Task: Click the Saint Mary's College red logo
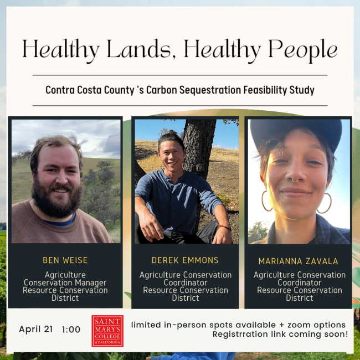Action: [107, 331]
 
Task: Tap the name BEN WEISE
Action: [65, 260]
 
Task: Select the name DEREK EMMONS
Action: [185, 260]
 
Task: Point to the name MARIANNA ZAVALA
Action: [299, 261]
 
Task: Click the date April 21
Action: [36, 329]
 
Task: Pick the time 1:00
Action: [70, 330]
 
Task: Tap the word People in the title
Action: [303, 50]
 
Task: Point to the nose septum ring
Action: [295, 178]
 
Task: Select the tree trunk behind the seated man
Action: [198, 145]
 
